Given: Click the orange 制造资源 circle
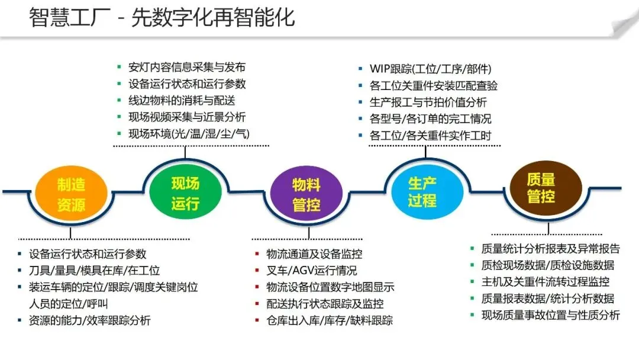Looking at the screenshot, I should pos(71,194).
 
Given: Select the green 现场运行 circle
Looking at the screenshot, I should pos(185,193).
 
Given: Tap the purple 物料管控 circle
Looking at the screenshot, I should pos(306,195).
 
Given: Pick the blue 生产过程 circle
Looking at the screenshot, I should pos(422,191).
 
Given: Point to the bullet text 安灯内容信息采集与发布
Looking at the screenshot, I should pos(186,67).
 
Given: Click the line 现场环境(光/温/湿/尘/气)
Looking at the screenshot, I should pos(189,134).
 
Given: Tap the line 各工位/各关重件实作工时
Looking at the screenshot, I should pos(430,136).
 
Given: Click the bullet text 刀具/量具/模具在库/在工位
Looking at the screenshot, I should pos(94,271).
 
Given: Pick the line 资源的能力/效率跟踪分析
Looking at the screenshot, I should pos(89,320).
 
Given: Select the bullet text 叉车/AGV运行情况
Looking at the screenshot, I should pos(312,271).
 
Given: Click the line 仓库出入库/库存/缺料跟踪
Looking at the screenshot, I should pos(330,321).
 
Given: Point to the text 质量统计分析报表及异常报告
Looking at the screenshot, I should pos(550,249).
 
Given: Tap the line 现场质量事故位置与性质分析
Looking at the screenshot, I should pos(550,315).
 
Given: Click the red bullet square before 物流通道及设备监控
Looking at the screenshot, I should pos(257,255).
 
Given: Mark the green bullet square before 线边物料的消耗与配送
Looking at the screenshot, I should pos(119,101).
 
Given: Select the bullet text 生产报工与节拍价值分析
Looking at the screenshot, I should pos(428,102).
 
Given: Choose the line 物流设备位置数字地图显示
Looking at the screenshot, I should pos(330,288).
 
